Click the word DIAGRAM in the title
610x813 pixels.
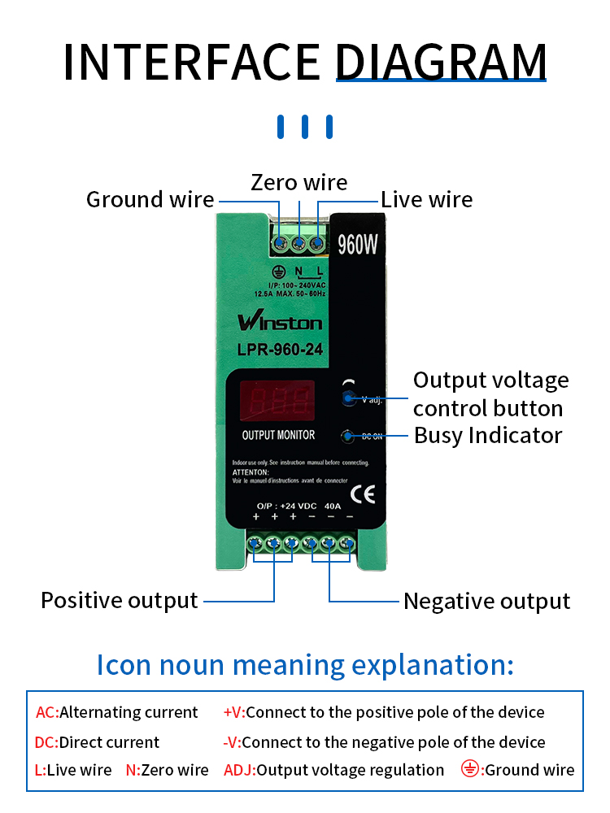[441, 62]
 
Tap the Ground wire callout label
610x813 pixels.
[150, 199]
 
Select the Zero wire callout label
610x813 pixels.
[299, 182]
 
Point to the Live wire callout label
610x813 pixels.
[427, 199]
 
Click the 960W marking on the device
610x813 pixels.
[359, 245]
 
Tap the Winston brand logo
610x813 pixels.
[280, 322]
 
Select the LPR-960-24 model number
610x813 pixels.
[280, 350]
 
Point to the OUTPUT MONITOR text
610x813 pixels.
[278, 435]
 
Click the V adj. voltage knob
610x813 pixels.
[350, 398]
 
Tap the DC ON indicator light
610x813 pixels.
[348, 436]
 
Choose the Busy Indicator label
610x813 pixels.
[488, 435]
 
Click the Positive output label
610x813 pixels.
[120, 601]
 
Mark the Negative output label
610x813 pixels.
[486, 602]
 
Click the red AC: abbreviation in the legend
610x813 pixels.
[47, 713]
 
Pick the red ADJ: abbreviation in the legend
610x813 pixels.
[239, 770]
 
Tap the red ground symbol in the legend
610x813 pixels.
[470, 769]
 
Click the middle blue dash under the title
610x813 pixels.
[305, 127]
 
